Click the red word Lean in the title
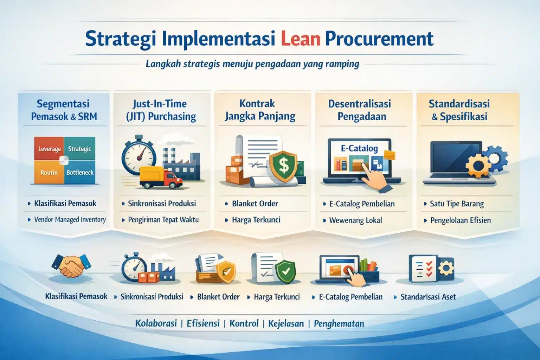(301, 39)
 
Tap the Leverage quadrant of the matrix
(49, 149)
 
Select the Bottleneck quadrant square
(80, 172)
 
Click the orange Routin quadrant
(49, 172)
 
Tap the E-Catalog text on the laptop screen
(359, 148)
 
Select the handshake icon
(71, 265)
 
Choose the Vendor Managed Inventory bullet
(70, 220)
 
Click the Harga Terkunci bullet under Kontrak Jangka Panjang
(256, 220)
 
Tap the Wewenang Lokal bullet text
(355, 220)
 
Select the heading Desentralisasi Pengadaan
(360, 110)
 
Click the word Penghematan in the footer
(339, 323)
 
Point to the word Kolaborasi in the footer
(156, 323)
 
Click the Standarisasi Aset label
(428, 297)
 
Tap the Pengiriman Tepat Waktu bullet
(163, 220)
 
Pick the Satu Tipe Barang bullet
(456, 204)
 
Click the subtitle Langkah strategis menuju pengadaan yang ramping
(252, 64)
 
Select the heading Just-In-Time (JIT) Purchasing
(161, 110)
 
